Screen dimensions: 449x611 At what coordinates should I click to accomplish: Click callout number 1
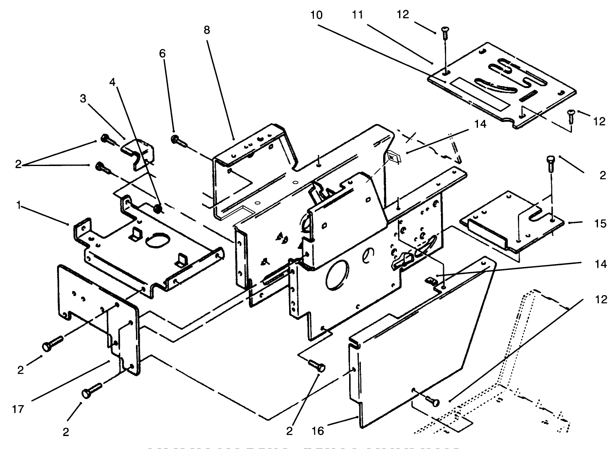(18, 205)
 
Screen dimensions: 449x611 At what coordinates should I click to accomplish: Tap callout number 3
(83, 99)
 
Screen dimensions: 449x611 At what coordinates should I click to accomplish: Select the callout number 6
(162, 54)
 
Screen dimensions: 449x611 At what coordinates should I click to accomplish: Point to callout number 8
(206, 30)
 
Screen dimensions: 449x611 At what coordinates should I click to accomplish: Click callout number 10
(317, 15)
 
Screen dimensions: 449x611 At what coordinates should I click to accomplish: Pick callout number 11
(357, 15)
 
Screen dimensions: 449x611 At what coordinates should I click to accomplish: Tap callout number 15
(601, 223)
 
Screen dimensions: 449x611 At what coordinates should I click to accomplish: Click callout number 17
(18, 409)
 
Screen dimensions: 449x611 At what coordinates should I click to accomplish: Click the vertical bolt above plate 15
(551, 166)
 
